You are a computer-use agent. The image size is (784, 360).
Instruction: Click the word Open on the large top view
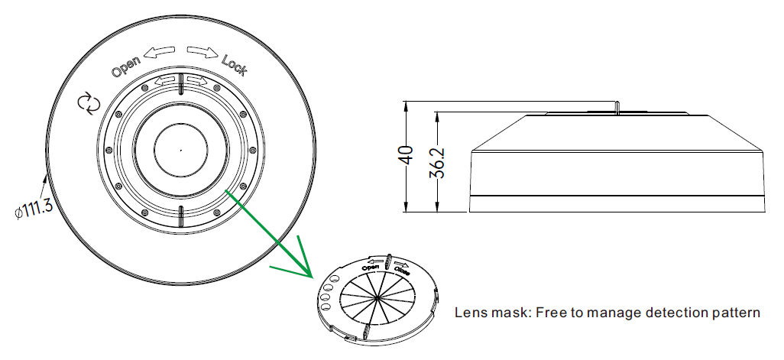point(127,67)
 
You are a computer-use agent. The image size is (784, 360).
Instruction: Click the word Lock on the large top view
point(233,66)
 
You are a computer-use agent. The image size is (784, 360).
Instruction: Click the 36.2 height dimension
point(437,163)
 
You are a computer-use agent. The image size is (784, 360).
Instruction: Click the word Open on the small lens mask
point(372,267)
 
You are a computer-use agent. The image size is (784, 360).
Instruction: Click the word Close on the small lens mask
point(402,269)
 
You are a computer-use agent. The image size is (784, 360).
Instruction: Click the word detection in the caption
point(668,313)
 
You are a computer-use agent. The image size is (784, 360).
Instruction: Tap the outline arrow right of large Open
point(160,54)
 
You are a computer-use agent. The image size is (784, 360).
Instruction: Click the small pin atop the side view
point(617,106)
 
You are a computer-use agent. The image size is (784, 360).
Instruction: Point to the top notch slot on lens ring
point(180,88)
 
